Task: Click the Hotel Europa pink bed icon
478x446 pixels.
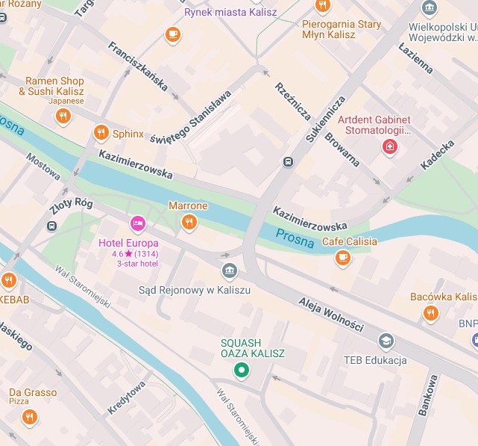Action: [x=137, y=223]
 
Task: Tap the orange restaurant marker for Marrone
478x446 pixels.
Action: [x=189, y=221]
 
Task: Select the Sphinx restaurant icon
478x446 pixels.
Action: [x=101, y=134]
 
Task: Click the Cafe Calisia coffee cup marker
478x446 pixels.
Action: [x=342, y=258]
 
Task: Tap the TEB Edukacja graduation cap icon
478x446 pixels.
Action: [x=386, y=341]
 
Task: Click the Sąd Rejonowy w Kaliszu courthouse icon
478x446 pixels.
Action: [x=230, y=270]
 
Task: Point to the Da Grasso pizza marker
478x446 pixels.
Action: [x=30, y=417]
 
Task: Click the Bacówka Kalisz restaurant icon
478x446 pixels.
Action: [x=430, y=314]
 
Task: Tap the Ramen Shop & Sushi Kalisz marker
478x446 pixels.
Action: [x=63, y=116]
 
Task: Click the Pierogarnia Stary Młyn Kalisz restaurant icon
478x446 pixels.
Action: [x=322, y=6]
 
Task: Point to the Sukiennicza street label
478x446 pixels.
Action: [x=326, y=119]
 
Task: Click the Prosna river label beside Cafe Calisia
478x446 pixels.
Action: [x=295, y=237]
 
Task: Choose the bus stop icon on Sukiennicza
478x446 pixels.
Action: [x=288, y=161]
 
